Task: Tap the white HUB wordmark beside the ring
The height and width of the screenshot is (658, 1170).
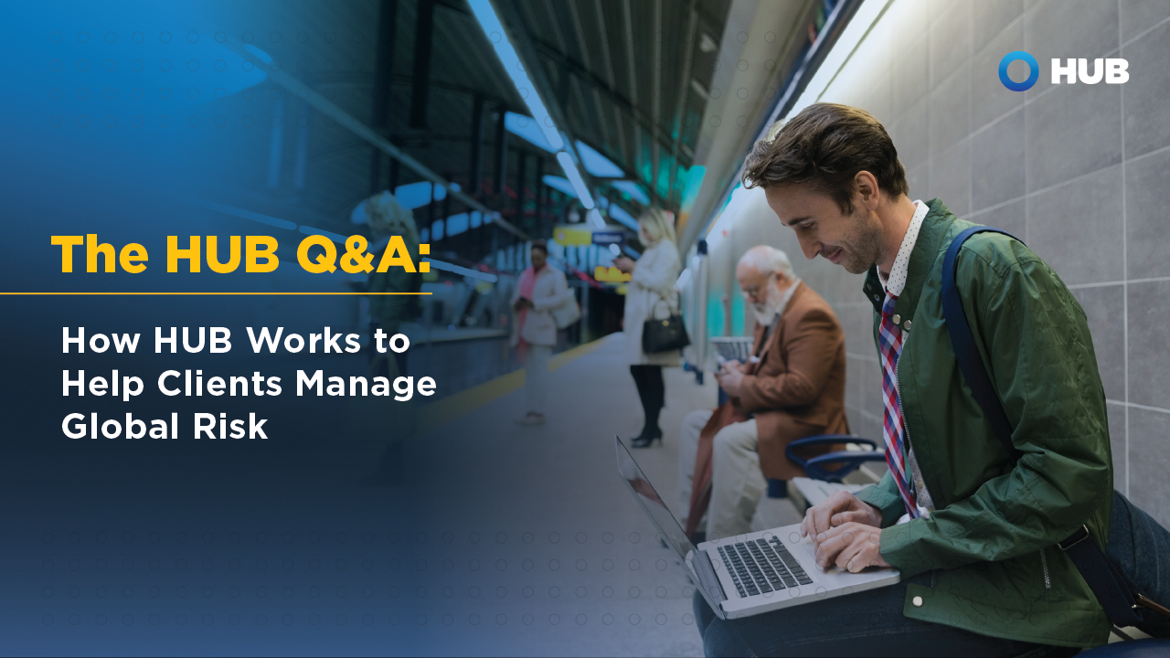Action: [x=1090, y=71]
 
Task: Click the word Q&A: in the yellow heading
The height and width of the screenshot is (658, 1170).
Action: [x=364, y=255]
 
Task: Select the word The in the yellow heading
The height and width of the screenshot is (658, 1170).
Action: [x=100, y=254]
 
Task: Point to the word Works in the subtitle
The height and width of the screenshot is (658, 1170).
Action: [x=303, y=341]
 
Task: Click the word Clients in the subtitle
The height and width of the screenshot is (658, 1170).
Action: [x=220, y=385]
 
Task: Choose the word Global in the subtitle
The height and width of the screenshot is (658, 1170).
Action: [x=122, y=427]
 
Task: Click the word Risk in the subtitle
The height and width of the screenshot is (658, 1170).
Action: [x=230, y=427]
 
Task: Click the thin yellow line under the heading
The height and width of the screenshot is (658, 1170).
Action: [x=216, y=293]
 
